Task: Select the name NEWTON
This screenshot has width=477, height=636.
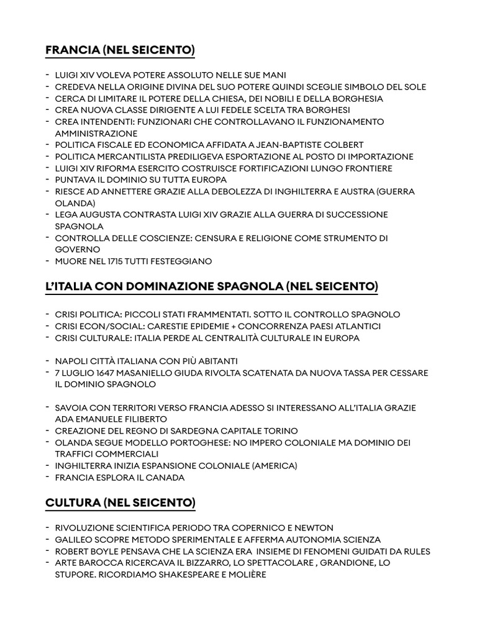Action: click(312, 528)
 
